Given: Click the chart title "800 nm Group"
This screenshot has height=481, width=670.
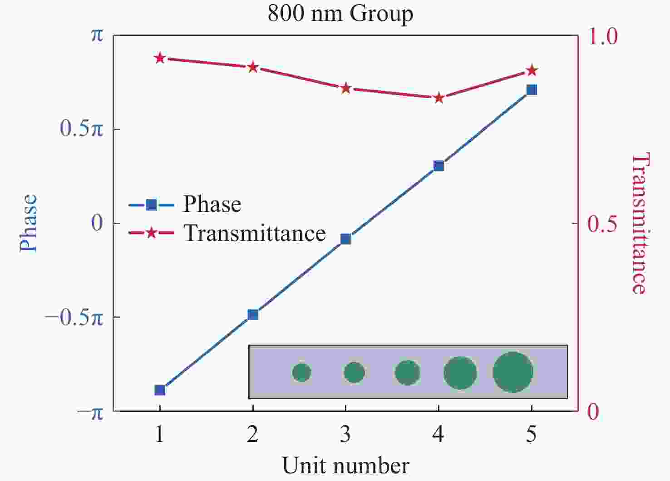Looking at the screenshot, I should point(340,14).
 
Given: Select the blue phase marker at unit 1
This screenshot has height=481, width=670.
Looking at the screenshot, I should point(159,390).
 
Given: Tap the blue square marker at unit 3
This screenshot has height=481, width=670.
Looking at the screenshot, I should point(345,239).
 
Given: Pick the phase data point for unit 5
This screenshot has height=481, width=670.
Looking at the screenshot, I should point(532,90).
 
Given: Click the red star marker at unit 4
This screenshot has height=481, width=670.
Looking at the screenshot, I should point(438,98).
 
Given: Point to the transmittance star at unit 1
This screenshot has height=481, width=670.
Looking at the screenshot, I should point(159,58).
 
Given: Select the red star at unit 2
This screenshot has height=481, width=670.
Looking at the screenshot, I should point(253,67).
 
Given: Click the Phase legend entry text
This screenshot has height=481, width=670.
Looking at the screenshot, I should point(212,204).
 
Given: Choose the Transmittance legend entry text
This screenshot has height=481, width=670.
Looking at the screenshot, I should point(255,233).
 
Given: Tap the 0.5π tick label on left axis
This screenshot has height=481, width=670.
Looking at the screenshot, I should point(82,129).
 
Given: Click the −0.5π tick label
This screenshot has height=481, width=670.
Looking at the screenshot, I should point(74,318).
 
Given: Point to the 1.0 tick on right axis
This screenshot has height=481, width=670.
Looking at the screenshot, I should point(603,36).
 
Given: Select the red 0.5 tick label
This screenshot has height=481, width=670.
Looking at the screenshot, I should point(602,224).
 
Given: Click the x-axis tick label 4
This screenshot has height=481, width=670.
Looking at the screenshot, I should point(438,435).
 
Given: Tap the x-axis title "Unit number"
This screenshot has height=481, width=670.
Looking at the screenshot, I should point(345,466).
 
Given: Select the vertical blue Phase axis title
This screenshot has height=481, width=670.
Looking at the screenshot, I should point(29,223).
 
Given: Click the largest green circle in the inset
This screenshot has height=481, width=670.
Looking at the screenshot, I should point(512,372).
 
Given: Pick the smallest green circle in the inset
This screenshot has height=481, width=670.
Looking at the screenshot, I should point(301,372).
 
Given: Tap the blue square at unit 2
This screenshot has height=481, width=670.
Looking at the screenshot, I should point(253,315).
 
